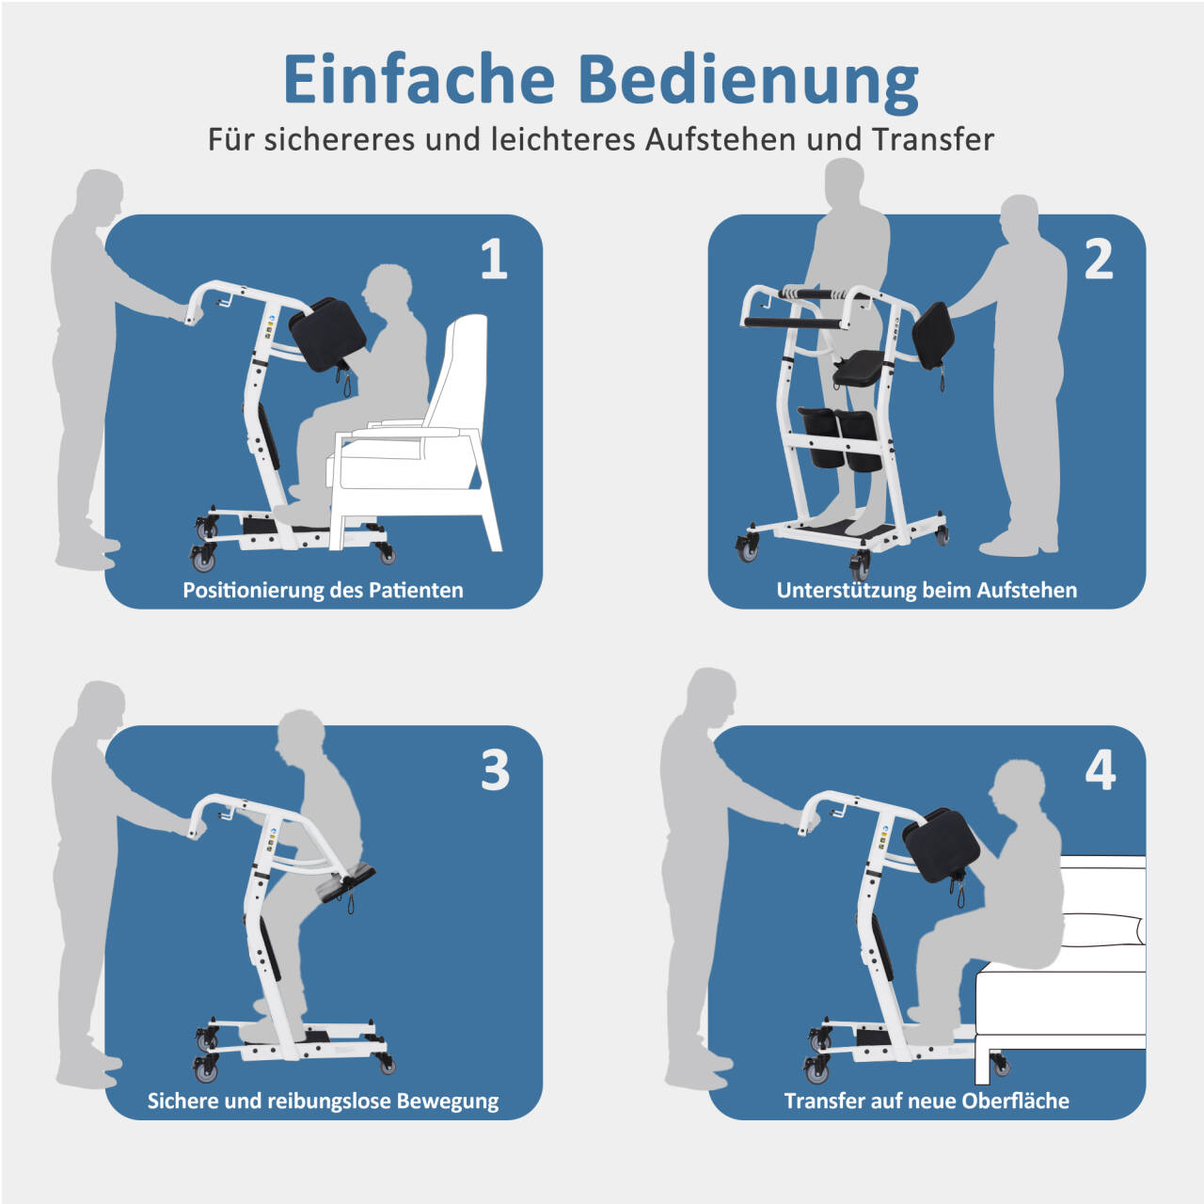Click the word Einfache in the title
click(x=419, y=79)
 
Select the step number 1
click(x=494, y=259)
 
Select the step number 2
click(x=1098, y=259)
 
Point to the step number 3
click(x=495, y=769)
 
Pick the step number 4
click(x=1100, y=769)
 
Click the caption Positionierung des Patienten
click(x=323, y=591)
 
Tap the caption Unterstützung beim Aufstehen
click(x=927, y=591)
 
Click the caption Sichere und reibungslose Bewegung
click(x=323, y=1101)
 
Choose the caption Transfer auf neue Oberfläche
click(x=927, y=1101)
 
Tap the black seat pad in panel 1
click(x=326, y=334)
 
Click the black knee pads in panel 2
click(x=839, y=438)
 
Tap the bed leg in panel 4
click(x=983, y=1066)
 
